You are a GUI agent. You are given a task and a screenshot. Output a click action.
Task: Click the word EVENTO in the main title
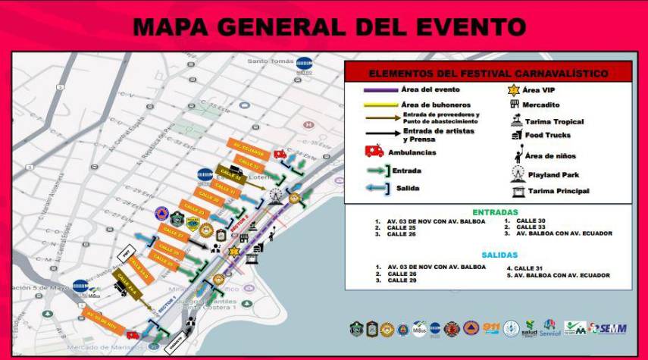point(463,27)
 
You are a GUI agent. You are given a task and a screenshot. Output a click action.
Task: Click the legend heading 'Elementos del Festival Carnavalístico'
point(487,74)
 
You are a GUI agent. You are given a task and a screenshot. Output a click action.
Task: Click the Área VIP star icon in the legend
point(515,90)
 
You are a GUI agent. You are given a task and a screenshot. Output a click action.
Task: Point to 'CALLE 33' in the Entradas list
point(530,227)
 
